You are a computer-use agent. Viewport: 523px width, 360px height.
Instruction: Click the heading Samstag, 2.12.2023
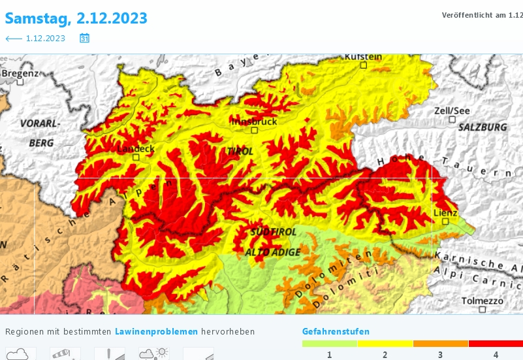76,18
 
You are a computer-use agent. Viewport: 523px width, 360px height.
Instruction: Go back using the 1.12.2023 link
35,39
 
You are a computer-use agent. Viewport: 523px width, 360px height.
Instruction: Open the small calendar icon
84,39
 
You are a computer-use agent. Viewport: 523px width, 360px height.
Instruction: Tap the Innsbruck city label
254,122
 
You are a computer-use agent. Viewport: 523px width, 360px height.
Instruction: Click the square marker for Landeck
136,157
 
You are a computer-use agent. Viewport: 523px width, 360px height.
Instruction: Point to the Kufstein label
363,57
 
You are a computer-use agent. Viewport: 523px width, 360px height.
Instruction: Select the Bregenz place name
20,74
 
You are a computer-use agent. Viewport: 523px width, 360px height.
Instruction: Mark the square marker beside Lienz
446,221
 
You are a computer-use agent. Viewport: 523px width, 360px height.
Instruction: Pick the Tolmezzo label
482,301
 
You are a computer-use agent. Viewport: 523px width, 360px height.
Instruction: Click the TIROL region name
240,151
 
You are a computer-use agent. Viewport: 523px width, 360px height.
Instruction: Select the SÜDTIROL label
274,232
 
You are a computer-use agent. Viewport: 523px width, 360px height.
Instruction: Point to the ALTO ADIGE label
272,252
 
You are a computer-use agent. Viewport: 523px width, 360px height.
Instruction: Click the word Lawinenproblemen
156,332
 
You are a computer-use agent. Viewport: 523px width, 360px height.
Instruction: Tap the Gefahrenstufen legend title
336,332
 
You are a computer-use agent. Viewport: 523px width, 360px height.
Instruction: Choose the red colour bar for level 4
496,344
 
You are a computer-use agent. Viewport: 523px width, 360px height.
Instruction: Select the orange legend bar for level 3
441,344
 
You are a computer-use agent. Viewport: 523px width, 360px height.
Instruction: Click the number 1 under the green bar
329,354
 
